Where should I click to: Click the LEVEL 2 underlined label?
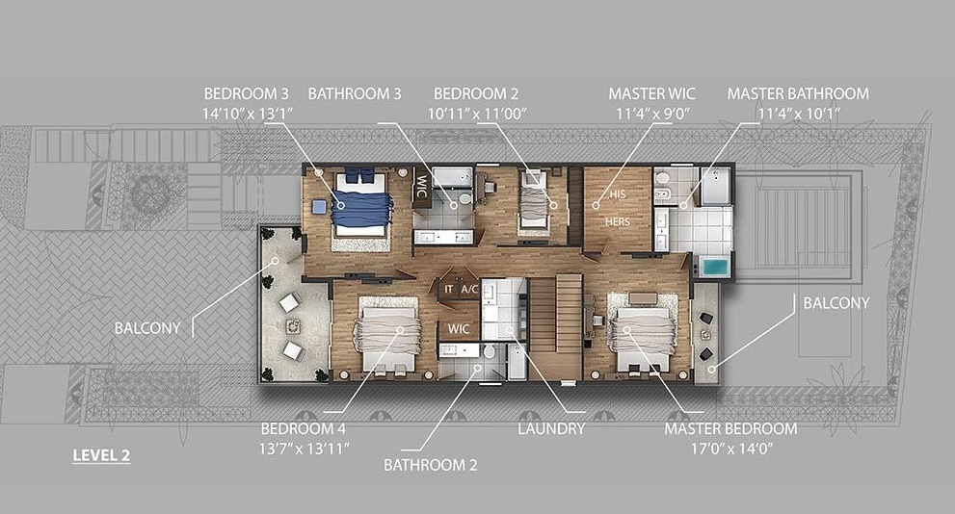101,455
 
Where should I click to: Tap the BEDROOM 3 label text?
246,93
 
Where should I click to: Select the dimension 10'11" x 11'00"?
476,114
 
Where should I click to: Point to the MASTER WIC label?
651,93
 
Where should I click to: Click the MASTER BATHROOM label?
798,93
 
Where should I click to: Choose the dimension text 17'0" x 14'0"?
730,449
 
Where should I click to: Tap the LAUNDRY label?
551,429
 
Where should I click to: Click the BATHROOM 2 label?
430,465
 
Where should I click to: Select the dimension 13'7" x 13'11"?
304,449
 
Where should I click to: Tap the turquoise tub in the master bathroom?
714,267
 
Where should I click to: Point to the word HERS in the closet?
617,222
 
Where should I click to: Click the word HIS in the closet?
618,194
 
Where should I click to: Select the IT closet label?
449,290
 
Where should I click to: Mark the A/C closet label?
469,290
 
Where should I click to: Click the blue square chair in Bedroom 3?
319,207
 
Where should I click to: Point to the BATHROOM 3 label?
355,93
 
